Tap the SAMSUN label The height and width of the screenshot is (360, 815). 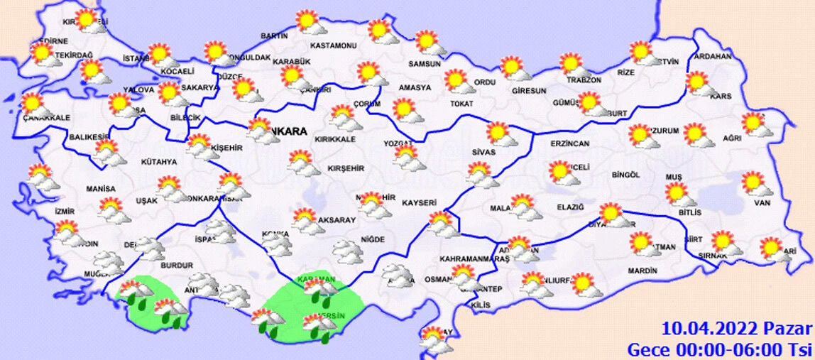(425, 64)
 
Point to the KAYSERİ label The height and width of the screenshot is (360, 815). (419, 203)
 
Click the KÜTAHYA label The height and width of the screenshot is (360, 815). (158, 162)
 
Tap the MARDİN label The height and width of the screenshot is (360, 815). (642, 271)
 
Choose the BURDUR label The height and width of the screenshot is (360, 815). (177, 266)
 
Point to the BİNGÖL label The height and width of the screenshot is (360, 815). (625, 175)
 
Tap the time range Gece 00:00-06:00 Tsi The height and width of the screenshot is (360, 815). (718, 349)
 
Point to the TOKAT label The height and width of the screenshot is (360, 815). (456, 104)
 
